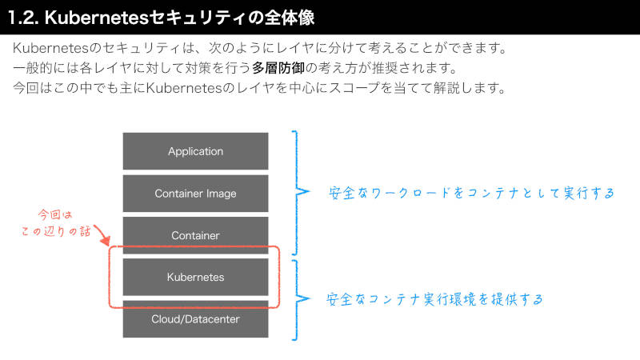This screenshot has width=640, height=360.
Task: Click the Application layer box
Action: pos(195,151)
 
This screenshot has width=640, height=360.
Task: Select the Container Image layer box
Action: pos(195,194)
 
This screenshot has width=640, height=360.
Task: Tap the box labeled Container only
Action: pos(195,235)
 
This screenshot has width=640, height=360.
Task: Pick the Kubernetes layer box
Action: pos(195,277)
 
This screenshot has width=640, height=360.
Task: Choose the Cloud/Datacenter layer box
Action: pos(195,318)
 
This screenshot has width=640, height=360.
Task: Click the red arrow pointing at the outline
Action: pos(103,235)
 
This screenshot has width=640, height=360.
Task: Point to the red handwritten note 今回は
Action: pos(55,214)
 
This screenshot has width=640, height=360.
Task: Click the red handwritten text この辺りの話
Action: pos(56,231)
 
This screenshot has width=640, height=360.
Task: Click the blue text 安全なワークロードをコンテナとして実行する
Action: pos(471,193)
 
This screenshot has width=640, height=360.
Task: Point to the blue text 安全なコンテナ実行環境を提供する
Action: pos(434,299)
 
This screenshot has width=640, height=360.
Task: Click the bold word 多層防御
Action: pos(278,68)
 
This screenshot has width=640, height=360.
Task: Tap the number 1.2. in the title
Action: pos(23,18)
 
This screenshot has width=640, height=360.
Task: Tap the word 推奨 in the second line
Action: pos(385,68)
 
